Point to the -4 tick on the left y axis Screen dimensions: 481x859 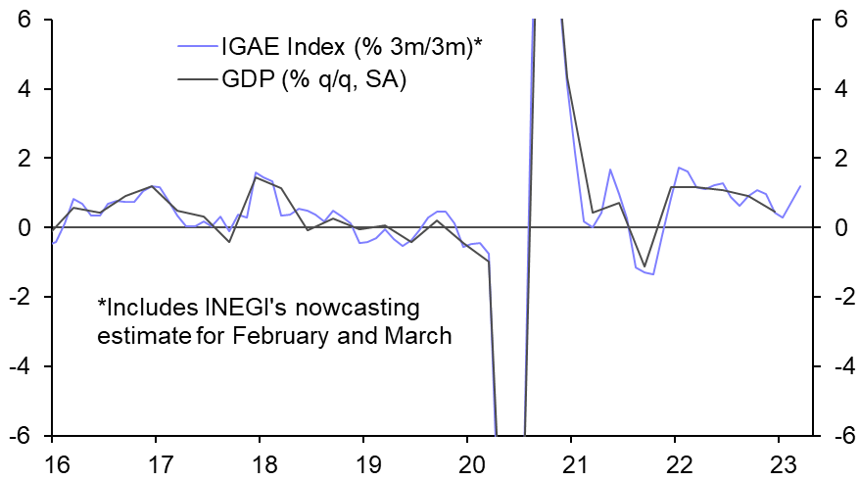[21, 366]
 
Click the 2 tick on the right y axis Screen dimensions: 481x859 [839, 159]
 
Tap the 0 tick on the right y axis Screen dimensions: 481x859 [839, 228]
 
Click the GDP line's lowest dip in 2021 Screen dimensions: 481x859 [644, 265]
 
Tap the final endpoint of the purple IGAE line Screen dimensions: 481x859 [800, 186]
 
